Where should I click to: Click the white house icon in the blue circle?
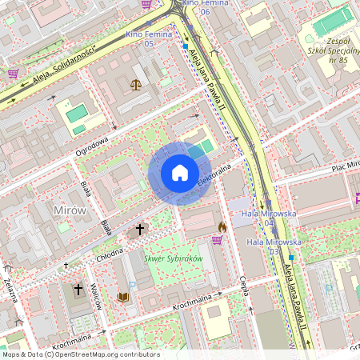tap(179, 173)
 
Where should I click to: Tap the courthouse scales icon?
tap(134, 83)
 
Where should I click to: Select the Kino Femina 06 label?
tap(196, 7)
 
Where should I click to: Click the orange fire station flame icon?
tap(222, 227)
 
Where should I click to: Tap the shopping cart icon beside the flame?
tap(217, 239)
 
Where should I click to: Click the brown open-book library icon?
tap(123, 297)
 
